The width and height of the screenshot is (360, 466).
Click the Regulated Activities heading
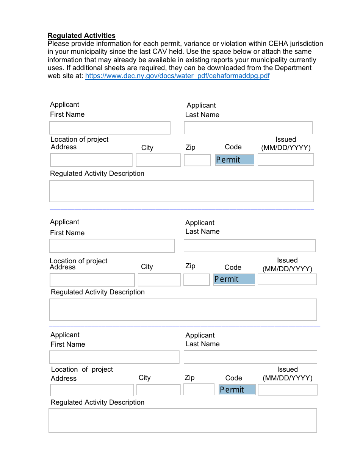81,36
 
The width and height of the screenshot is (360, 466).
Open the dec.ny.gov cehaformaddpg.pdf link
177,76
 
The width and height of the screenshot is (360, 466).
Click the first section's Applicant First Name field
110,128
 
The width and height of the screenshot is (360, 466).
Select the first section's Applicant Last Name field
248,128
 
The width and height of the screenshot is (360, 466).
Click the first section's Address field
91,160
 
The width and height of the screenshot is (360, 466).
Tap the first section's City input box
158,160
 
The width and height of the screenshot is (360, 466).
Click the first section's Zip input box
197,160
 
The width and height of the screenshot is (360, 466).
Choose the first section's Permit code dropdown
234,160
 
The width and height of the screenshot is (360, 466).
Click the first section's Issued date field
285,160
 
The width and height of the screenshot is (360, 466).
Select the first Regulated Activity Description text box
182,191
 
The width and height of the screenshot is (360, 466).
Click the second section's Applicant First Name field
112,246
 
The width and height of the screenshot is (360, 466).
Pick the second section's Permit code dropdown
234,279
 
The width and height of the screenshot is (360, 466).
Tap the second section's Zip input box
196,280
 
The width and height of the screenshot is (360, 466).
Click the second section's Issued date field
287,280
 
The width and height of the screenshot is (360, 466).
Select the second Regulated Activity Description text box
183,310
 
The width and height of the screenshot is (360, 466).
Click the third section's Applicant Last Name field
250,357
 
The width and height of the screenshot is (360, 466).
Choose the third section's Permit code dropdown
237,390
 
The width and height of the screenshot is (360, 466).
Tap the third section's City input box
158,390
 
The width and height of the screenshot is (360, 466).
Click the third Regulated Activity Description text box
183,420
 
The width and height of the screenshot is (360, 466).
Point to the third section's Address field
92,390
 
